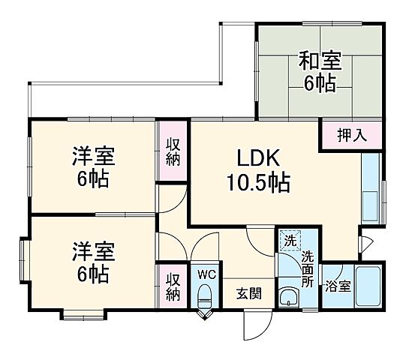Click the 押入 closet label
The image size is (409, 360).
tap(351, 135)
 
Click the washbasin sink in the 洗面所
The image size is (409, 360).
tap(288, 298)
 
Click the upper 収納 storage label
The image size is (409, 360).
tap(173, 151)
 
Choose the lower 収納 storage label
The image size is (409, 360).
tap(173, 286)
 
